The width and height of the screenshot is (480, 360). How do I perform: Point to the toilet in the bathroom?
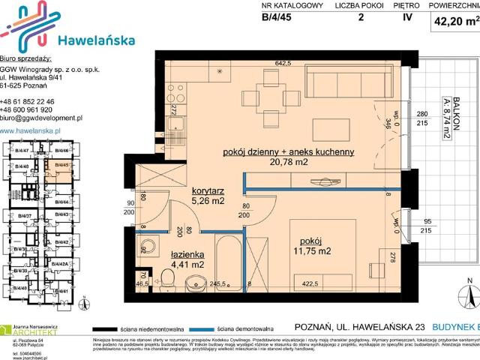pos(167,282)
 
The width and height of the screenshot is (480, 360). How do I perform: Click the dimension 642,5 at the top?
pos(283,64)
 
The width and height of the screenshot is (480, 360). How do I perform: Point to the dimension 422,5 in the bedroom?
pos(310,285)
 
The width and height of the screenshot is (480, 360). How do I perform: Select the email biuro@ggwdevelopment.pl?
pos(41,118)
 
